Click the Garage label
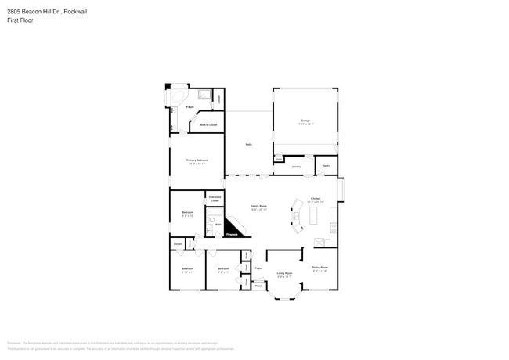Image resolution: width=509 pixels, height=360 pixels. (x=305, y=121)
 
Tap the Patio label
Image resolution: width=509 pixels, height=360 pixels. (x=248, y=145)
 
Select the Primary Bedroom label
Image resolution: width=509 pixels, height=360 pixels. (x=197, y=160)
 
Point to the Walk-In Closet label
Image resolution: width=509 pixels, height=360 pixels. (x=208, y=124)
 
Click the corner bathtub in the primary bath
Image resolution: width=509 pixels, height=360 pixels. (x=179, y=98)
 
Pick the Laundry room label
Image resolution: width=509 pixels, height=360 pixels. (x=295, y=167)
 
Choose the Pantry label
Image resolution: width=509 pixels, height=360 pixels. (x=326, y=166)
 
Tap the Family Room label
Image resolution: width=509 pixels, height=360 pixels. (x=258, y=205)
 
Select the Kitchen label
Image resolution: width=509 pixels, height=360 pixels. (x=316, y=199)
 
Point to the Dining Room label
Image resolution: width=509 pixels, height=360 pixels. (x=319, y=267)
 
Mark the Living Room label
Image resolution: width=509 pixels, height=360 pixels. (x=284, y=273)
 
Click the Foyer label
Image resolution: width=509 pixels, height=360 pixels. (x=258, y=268)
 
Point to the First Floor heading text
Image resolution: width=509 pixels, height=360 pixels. (x=20, y=20)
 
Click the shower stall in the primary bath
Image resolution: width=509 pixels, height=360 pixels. (x=204, y=95)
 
